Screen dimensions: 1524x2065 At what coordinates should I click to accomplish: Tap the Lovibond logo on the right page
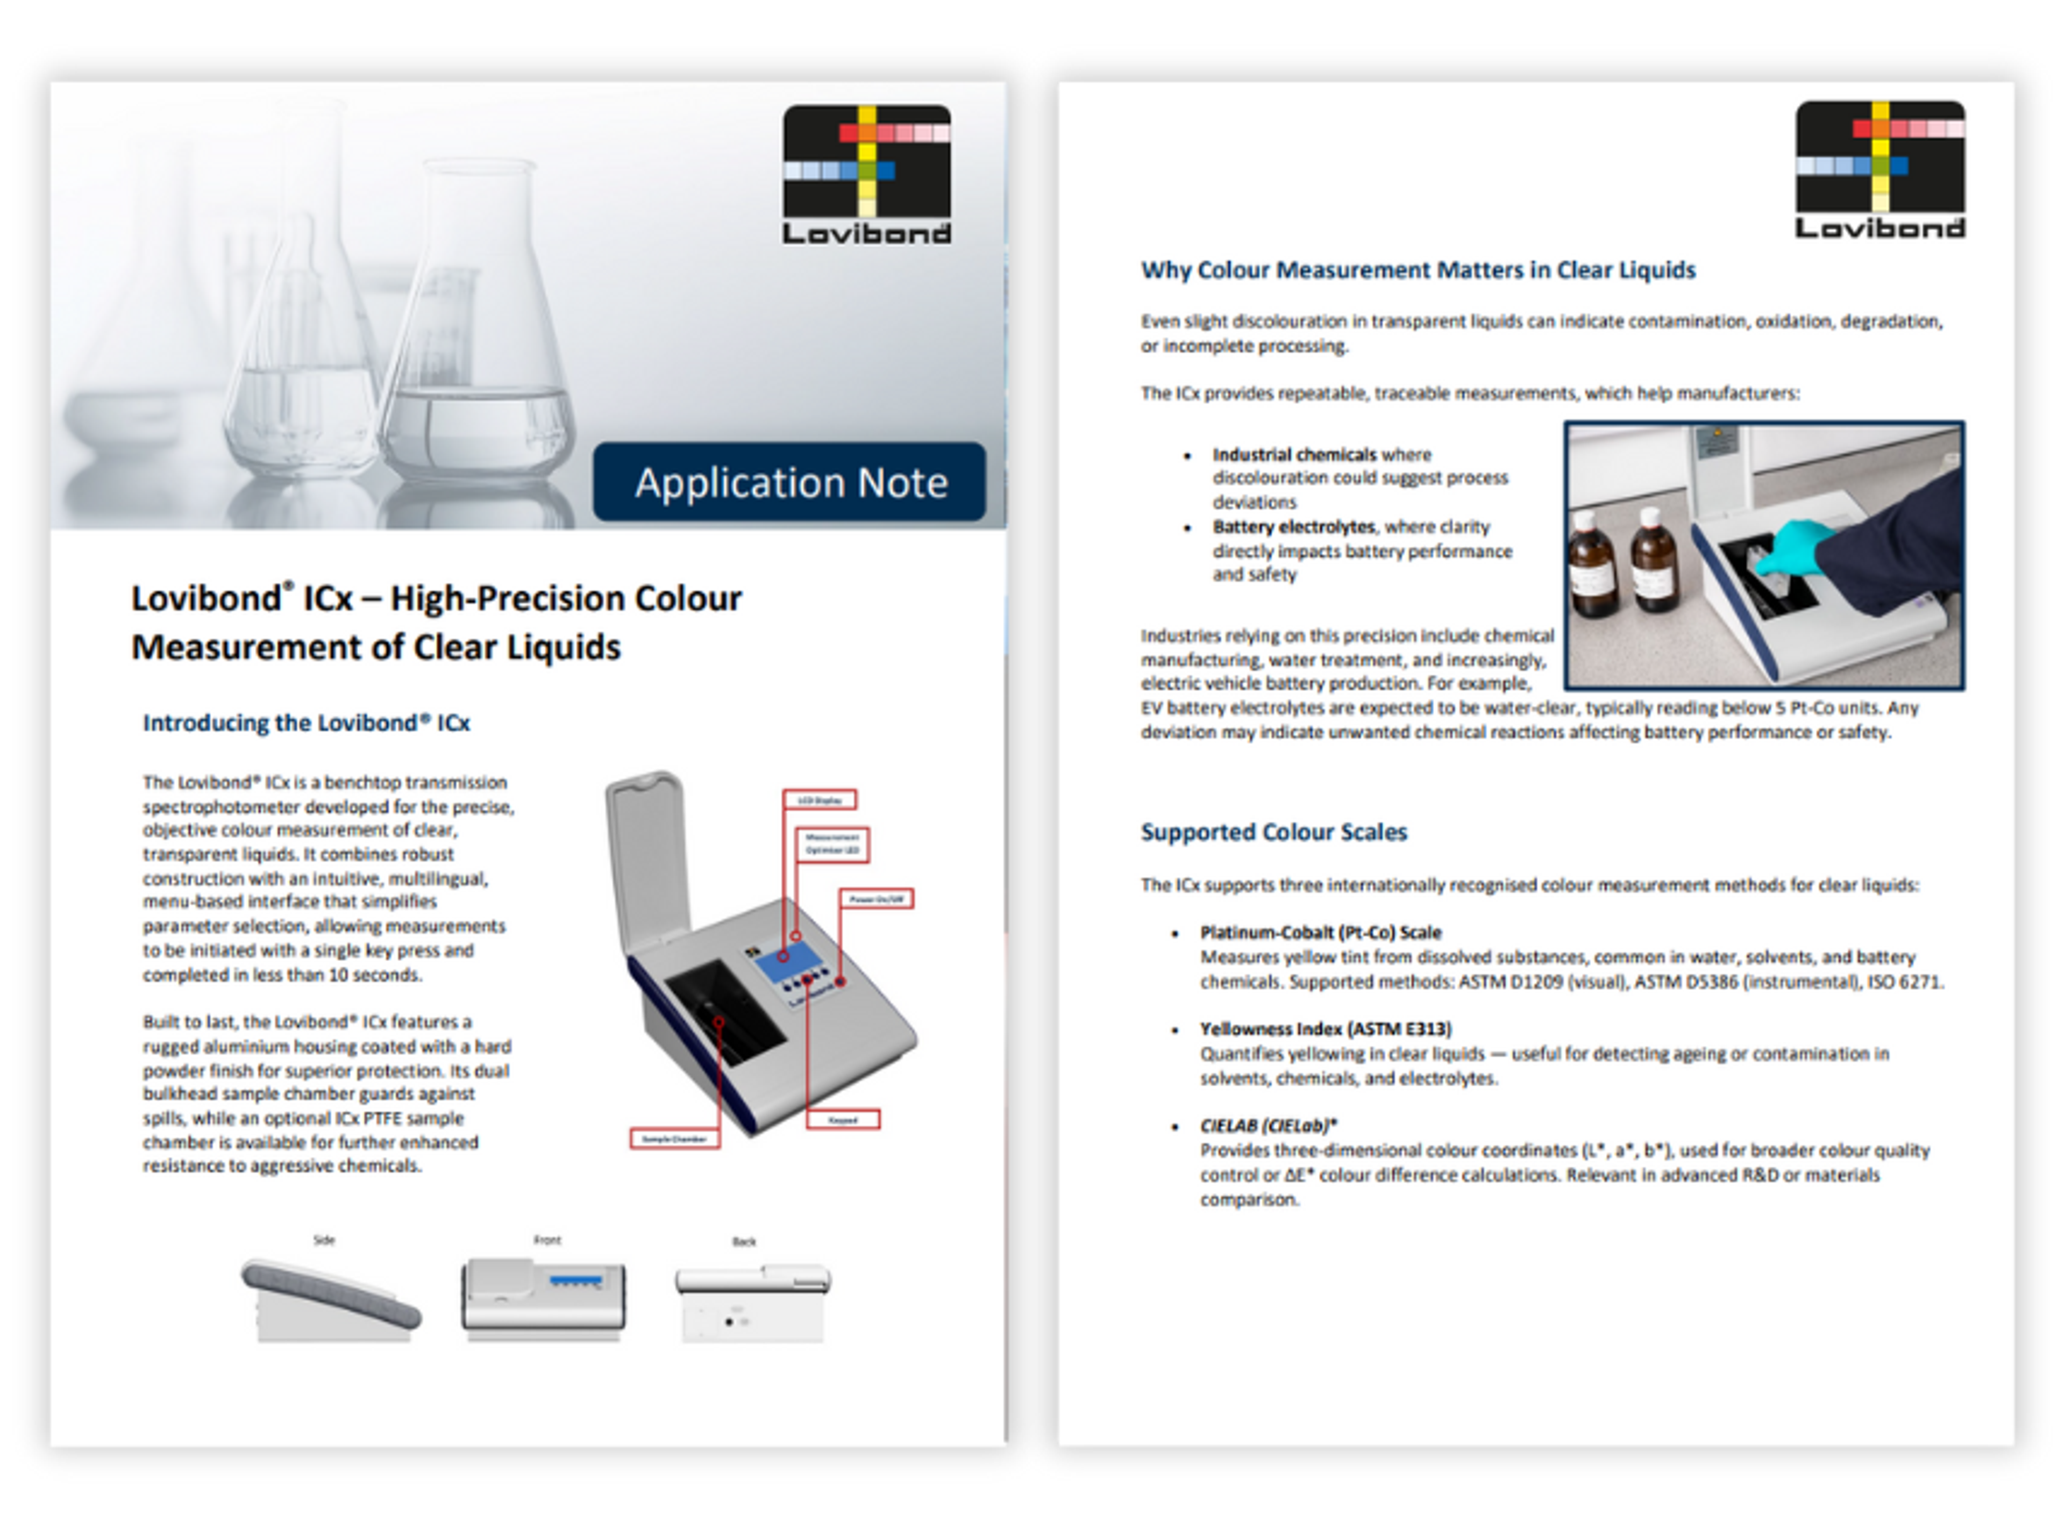click(x=1879, y=170)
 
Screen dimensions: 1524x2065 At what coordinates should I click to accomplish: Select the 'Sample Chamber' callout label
click(x=674, y=1139)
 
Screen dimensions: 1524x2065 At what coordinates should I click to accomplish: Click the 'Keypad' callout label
click(x=843, y=1120)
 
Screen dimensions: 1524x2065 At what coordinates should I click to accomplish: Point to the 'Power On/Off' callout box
click(x=875, y=898)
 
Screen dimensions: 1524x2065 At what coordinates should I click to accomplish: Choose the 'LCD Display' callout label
click(x=820, y=800)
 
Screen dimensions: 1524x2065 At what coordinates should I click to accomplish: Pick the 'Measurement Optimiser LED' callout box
click(x=832, y=844)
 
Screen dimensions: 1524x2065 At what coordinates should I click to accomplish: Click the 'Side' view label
click(x=324, y=1240)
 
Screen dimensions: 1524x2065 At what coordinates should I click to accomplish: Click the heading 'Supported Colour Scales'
click(x=1273, y=832)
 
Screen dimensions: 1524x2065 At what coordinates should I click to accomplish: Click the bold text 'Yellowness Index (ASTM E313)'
click(x=1325, y=1028)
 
